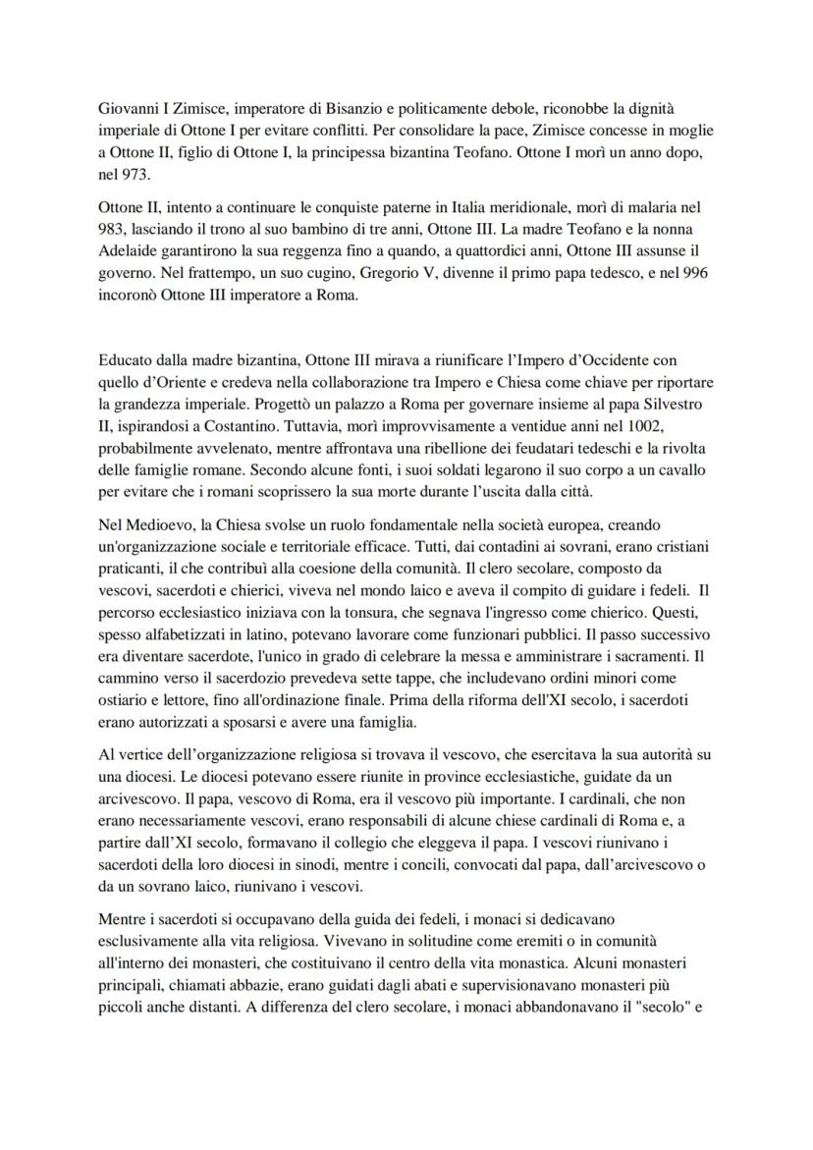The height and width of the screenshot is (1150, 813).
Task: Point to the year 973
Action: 137,173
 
